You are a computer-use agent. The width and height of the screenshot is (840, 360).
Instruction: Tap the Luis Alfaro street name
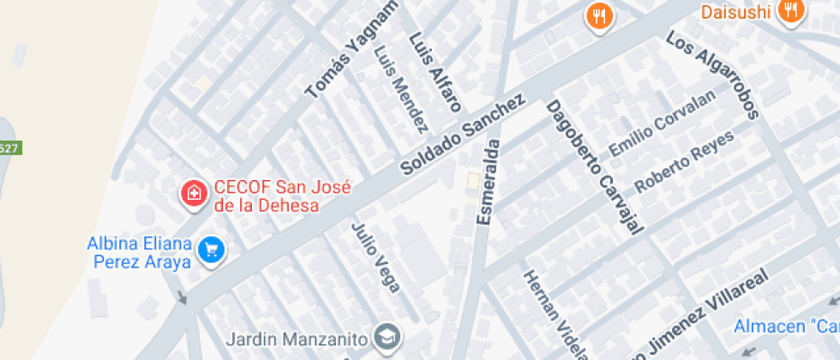pyautogui.click(x=435, y=73)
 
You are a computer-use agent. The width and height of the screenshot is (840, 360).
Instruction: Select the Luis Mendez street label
pyautogui.click(x=400, y=89)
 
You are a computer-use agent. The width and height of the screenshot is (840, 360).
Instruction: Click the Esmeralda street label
pyautogui.click(x=489, y=180)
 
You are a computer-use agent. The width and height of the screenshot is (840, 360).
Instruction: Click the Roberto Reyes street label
pyautogui.click(x=684, y=160)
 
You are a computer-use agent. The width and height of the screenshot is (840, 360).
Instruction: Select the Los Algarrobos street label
pyautogui.click(x=713, y=75)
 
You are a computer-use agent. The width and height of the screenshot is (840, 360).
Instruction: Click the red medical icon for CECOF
pyautogui.click(x=195, y=193)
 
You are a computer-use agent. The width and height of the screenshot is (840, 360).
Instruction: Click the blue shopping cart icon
pyautogui.click(x=210, y=250)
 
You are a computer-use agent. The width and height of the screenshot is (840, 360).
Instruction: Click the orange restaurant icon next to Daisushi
pyautogui.click(x=790, y=11)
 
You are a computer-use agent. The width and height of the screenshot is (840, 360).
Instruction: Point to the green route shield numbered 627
pyautogui.click(x=9, y=148)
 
